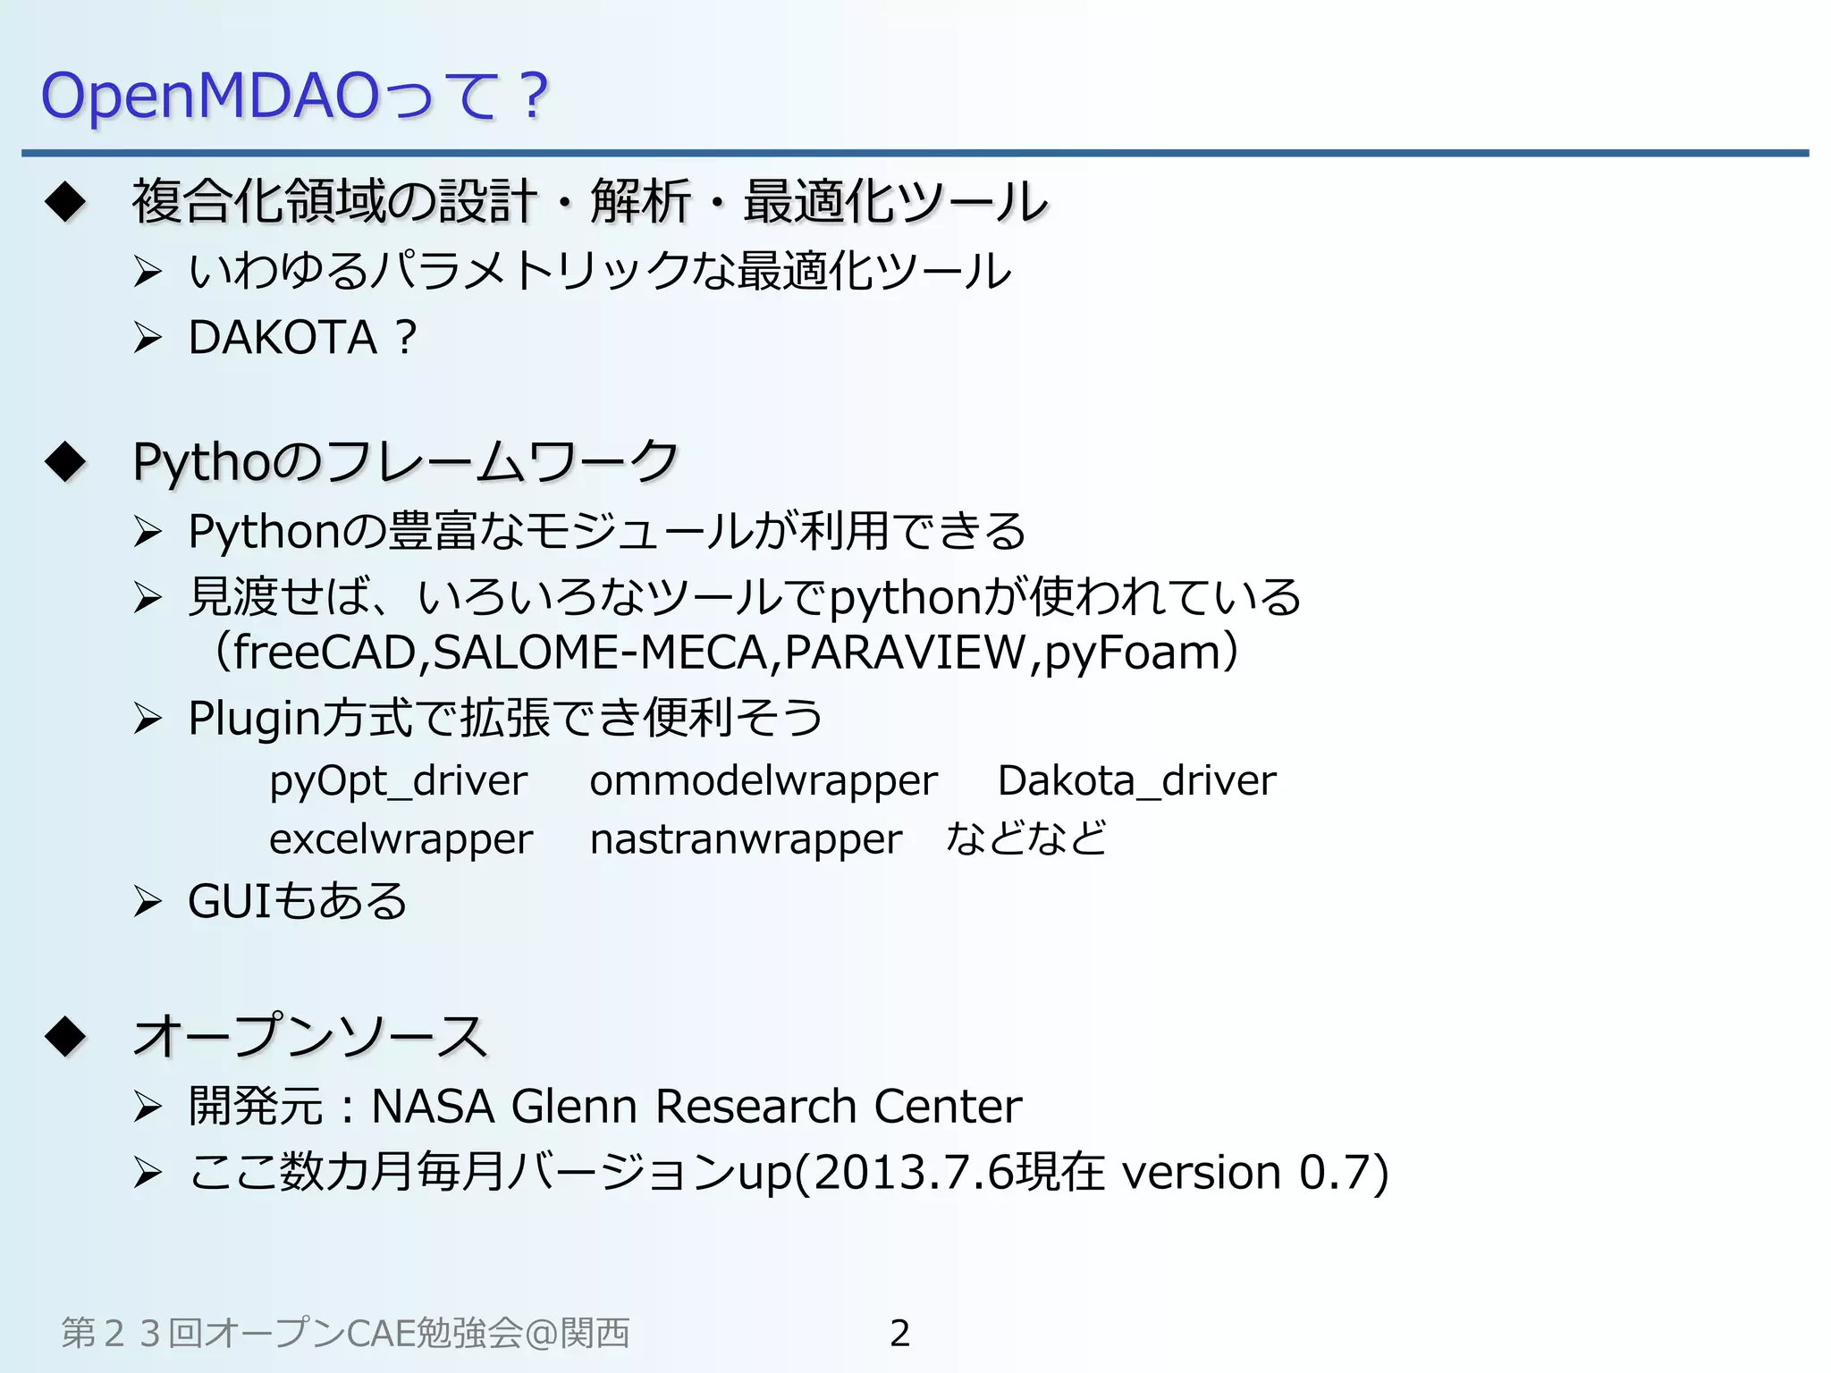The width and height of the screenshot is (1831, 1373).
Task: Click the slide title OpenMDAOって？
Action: (294, 96)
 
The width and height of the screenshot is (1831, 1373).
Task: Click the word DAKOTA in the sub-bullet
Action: (283, 338)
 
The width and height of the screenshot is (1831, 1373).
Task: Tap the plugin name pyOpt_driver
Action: (398, 781)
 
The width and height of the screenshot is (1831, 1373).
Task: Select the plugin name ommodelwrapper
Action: (763, 781)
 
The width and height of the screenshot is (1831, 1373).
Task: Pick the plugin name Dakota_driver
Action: (1136, 781)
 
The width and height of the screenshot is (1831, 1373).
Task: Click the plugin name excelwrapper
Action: (401, 839)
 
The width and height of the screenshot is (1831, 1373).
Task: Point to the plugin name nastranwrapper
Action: (746, 839)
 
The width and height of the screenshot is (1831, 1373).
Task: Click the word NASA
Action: (433, 1107)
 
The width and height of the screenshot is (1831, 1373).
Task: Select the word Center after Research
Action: (948, 1107)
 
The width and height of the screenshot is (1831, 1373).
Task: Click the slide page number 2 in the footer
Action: (899, 1333)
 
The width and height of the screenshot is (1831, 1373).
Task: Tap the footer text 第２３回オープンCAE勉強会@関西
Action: (345, 1333)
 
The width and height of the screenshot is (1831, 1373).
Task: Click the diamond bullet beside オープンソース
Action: (65, 1037)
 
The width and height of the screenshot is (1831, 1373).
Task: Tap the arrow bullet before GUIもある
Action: (147, 902)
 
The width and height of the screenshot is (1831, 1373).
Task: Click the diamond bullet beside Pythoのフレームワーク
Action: (65, 462)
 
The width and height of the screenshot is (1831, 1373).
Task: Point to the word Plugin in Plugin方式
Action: (253, 719)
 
